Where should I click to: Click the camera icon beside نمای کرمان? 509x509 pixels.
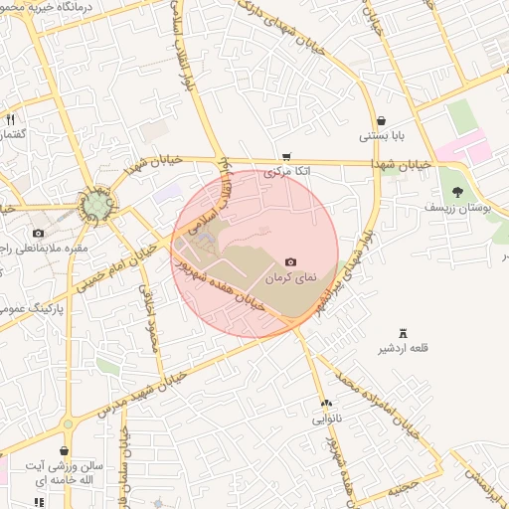[x=290, y=261]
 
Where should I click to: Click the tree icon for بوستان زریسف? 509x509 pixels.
[x=457, y=192]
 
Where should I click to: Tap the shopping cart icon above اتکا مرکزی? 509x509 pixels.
[x=286, y=156]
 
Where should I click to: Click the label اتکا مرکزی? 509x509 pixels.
[x=286, y=172]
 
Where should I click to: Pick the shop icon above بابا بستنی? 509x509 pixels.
[x=381, y=120]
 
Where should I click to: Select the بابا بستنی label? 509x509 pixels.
[x=381, y=136]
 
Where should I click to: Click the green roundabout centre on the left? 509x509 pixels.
[x=96, y=206]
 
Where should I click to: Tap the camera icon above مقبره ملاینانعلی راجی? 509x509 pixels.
[x=38, y=232]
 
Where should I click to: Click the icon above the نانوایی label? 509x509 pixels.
[x=326, y=403]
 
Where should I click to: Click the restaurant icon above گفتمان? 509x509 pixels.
[x=10, y=119]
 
